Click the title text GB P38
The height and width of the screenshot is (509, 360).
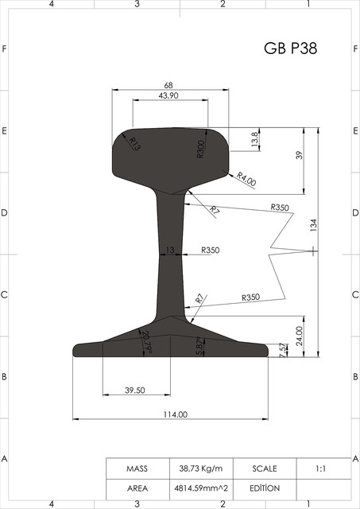[x=290, y=49]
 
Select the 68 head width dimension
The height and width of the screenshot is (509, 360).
[x=169, y=85]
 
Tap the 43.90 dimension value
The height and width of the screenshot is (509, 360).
[x=168, y=95]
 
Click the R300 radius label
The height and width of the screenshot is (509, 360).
[x=201, y=148]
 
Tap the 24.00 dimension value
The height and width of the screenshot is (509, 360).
[x=300, y=336]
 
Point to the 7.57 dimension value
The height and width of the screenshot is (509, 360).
[x=284, y=349]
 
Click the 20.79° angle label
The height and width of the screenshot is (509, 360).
[x=145, y=340]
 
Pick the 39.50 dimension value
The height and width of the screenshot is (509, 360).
[x=135, y=390]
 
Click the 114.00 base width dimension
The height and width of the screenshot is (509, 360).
[x=175, y=414]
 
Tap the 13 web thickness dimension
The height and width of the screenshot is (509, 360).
[x=169, y=250]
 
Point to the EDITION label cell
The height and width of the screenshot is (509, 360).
[x=265, y=488]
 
